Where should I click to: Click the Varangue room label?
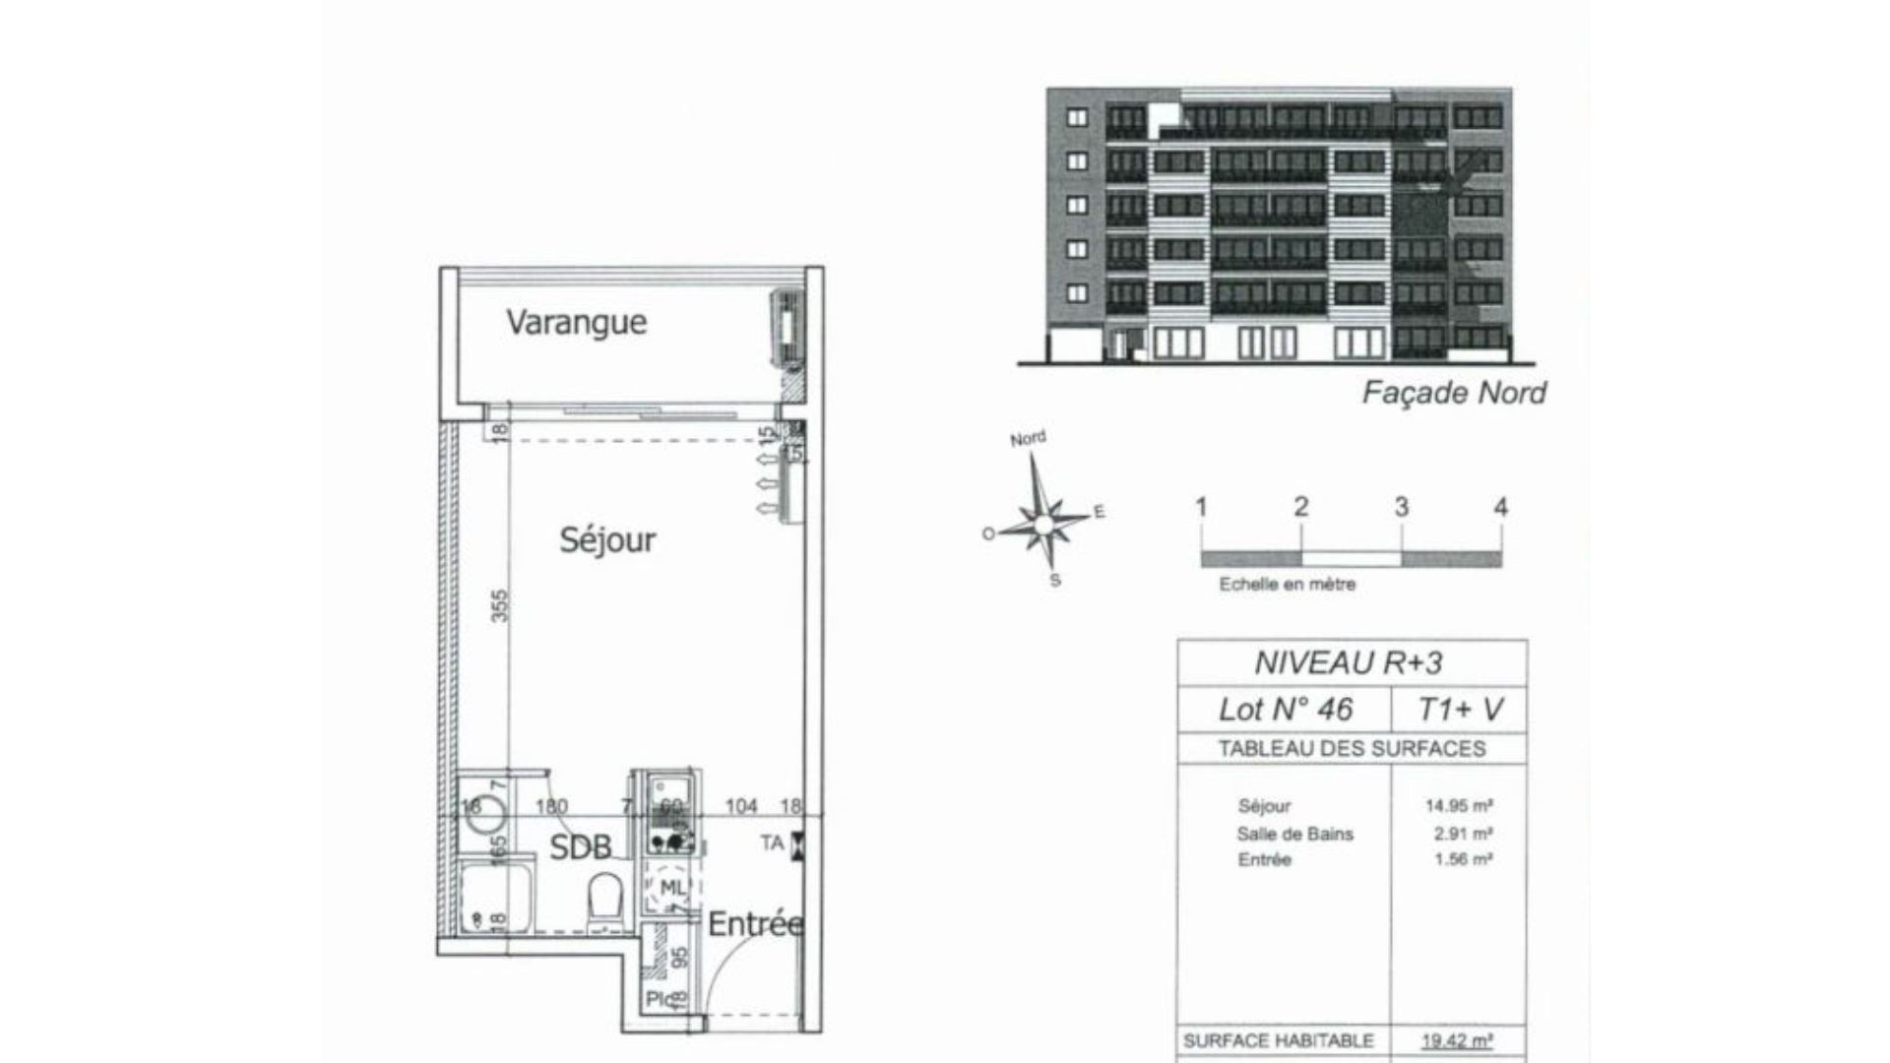(576, 322)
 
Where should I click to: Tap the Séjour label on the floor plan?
(607, 539)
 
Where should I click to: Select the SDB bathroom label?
(580, 846)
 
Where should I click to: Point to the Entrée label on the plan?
(755, 924)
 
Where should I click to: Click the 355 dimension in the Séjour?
(499, 605)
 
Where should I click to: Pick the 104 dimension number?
(741, 806)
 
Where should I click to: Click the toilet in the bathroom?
(605, 901)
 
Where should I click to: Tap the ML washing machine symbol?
(670, 889)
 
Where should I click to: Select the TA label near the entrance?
(772, 844)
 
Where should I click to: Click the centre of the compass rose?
(1042, 523)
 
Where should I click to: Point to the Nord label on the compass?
(1028, 439)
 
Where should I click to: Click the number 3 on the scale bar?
(1402, 508)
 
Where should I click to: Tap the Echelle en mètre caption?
(1287, 585)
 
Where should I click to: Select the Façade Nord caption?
(1453, 394)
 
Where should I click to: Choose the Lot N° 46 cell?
(1286, 709)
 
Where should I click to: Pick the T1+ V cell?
(1460, 709)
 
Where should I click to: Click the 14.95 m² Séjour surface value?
(1459, 806)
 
